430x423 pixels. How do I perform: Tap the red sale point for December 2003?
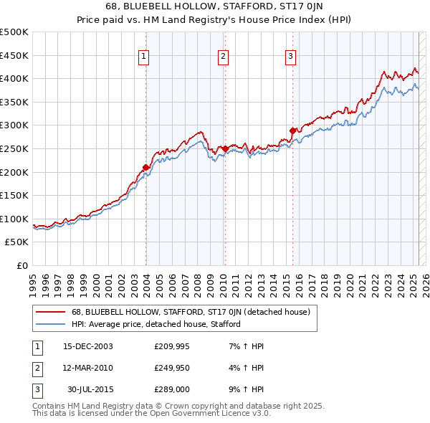pos(146,167)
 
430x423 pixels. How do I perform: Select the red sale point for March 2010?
pos(225,148)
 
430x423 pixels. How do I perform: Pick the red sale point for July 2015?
pos(292,130)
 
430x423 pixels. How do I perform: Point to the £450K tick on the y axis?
pos(16,55)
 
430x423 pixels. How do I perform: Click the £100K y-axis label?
pos(16,219)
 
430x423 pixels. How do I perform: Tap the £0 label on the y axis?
pos(23,266)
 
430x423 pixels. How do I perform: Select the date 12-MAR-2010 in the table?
pos(88,368)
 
